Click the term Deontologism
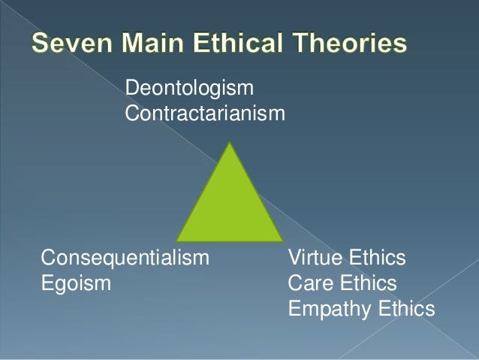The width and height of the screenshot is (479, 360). (189, 89)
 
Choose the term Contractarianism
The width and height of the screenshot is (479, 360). (205, 114)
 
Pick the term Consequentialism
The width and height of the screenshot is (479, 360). (125, 259)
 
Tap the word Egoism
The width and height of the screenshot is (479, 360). (76, 284)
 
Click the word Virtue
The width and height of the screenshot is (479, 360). (315, 259)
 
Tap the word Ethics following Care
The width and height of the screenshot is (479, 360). (368, 284)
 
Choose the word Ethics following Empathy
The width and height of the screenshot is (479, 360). (406, 309)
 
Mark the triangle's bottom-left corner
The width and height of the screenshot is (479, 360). (176, 241)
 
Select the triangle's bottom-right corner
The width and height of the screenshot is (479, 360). (283, 241)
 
